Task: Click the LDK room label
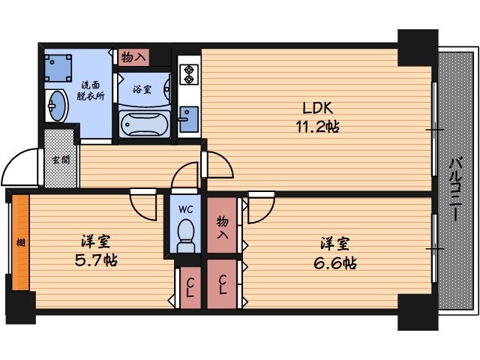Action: coord(317,108)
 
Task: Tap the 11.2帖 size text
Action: coord(317,127)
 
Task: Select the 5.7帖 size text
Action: coord(96,260)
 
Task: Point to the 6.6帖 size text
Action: coord(335,262)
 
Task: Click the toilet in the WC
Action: coord(186,235)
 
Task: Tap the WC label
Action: coord(186,209)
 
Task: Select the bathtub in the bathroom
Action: coord(145,124)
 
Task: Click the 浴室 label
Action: coord(142,89)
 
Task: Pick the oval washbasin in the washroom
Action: coord(57,106)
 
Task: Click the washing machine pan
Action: coord(58,68)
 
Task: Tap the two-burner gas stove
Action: coord(189,74)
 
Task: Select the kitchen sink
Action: coord(189,119)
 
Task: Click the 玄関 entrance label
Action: coord(61,160)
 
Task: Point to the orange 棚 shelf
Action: coord(20,242)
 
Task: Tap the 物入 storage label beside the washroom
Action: coord(133,57)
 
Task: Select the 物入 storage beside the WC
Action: coord(222,225)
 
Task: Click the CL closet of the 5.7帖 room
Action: coord(190,288)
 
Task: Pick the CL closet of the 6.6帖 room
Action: coord(222,284)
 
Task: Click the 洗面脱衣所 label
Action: coord(91,91)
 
